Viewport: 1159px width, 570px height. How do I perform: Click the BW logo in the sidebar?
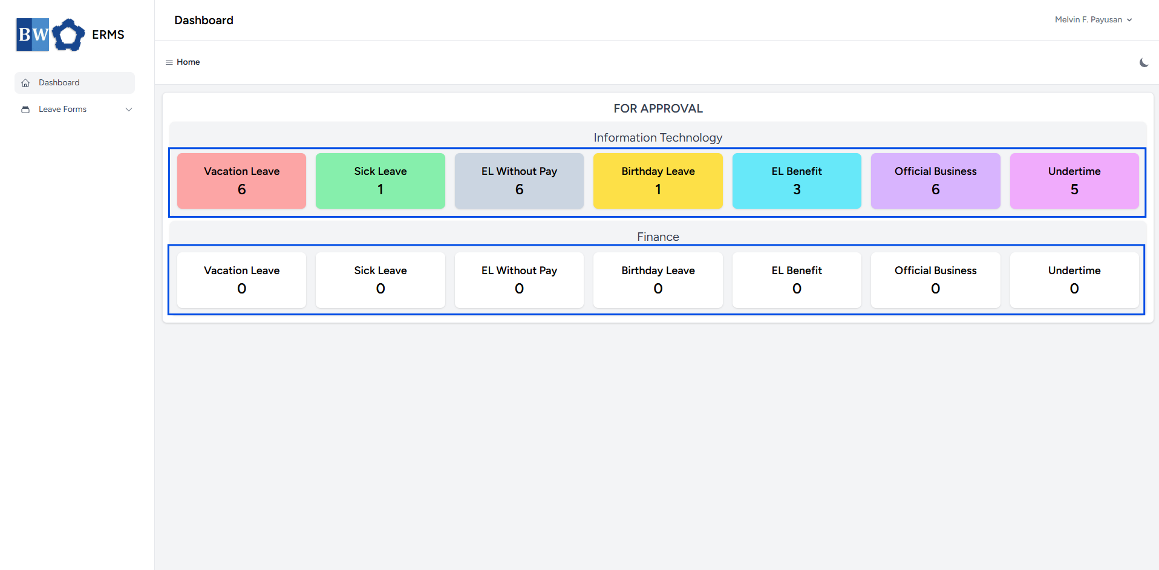point(50,34)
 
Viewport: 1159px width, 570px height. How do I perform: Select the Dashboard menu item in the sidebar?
point(74,83)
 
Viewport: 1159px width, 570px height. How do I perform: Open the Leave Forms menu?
point(62,110)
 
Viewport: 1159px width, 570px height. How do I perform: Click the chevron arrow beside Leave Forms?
point(129,110)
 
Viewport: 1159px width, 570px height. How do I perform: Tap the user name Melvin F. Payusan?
point(1088,20)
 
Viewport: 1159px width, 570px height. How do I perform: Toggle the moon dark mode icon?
point(1144,62)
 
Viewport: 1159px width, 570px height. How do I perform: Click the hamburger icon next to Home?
point(169,62)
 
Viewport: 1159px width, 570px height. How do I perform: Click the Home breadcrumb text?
point(188,62)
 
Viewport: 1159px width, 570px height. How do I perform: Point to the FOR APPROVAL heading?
point(658,109)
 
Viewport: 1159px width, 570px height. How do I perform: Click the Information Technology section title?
point(658,138)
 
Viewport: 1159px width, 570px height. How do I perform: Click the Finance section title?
point(658,237)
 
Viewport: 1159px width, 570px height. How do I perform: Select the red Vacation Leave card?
point(242,181)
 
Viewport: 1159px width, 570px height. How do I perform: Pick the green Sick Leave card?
point(380,181)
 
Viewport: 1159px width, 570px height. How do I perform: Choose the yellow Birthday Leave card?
point(658,181)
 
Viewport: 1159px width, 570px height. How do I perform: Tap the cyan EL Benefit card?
point(797,181)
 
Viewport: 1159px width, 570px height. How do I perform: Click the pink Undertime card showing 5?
point(1074,181)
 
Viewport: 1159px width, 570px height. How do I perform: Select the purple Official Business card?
point(936,181)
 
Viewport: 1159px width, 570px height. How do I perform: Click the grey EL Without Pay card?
point(519,181)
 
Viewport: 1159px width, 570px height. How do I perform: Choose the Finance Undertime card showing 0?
point(1074,280)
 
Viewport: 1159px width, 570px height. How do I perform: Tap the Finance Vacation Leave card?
point(242,280)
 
